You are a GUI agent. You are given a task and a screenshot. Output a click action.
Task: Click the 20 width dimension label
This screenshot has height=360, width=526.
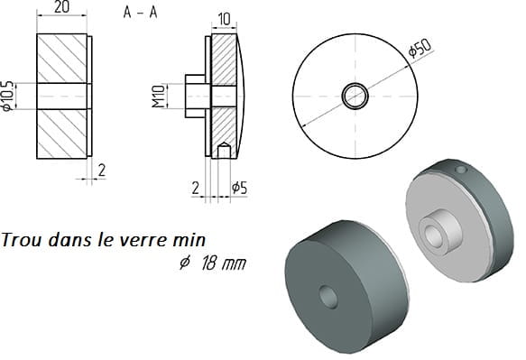pos(61,7)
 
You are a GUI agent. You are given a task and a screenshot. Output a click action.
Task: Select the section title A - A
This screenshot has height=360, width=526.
pos(140,13)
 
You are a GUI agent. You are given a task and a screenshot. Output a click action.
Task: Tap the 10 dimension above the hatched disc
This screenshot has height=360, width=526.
pos(224,19)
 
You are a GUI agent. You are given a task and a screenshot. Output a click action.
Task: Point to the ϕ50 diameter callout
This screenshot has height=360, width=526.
pos(420,49)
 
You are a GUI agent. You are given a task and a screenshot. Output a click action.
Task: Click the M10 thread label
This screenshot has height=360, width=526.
pos(158,97)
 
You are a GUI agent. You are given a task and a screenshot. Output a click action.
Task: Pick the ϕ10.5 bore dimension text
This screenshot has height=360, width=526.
pos(7,96)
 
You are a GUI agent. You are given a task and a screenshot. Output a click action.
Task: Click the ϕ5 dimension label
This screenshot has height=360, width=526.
pos(239,189)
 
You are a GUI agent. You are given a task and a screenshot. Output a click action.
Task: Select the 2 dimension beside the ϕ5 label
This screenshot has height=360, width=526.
pos(196,189)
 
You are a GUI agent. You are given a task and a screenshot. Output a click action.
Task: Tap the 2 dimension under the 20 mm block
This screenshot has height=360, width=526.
pos(102,171)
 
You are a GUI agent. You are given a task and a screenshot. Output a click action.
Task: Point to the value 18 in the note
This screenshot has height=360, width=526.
pos(208,263)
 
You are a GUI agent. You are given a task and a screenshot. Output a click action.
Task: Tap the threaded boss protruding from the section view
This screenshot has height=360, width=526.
pos(195,97)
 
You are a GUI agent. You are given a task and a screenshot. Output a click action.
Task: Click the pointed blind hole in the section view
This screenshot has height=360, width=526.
pos(224,150)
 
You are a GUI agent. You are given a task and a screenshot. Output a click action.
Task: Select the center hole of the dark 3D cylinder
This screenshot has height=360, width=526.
pos(328,297)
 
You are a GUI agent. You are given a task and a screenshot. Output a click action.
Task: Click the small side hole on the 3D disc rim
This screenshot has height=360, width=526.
pos(460,169)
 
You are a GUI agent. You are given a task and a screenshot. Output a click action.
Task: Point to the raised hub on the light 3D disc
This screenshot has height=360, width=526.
pos(440,231)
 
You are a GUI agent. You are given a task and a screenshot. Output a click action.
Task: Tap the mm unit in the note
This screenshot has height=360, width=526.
pos(235,264)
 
